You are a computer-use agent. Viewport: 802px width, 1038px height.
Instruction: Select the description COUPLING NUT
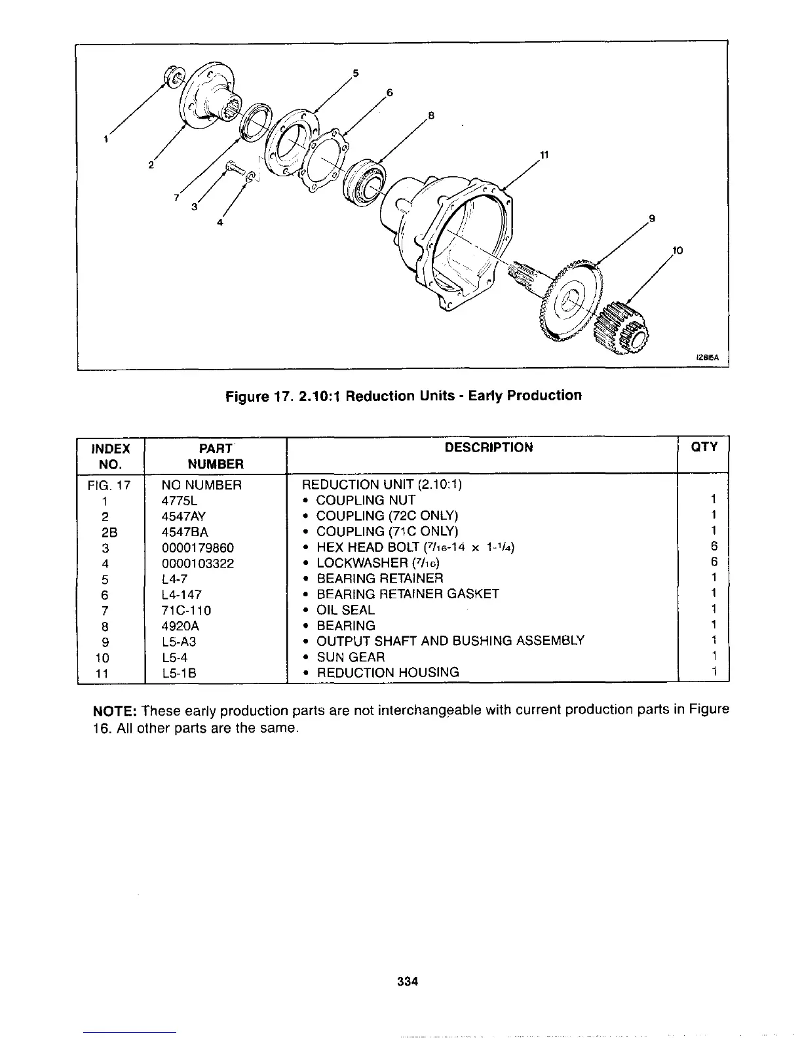366,500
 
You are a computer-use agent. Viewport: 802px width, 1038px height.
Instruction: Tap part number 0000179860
197,548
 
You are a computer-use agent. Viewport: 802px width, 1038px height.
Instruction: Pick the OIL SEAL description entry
345,610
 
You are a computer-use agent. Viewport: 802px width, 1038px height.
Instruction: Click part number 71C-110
186,611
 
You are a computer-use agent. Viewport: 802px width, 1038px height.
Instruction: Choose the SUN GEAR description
351,657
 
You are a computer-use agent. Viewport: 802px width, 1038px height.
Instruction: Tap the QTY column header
704,447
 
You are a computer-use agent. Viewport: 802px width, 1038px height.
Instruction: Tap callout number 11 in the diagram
543,155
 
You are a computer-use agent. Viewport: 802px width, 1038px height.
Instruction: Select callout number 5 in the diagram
355,73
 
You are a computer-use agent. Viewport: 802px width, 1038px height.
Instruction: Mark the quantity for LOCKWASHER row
714,562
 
